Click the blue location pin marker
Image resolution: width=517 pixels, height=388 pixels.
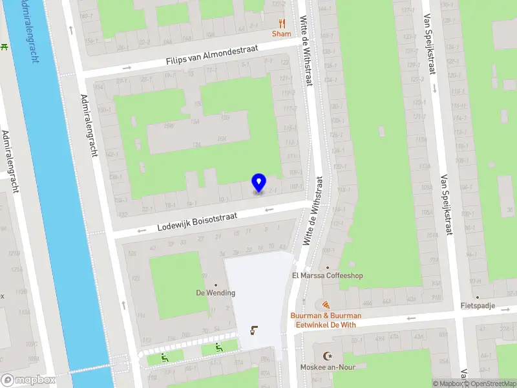point(258,183)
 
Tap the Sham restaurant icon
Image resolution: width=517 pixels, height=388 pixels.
point(281,23)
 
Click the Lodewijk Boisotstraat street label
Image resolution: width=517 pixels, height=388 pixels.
point(197,223)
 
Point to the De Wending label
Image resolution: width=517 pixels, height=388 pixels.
point(216,293)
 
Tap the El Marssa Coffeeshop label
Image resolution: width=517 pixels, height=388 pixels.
point(328,275)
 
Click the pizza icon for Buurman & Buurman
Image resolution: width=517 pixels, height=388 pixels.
point(326,304)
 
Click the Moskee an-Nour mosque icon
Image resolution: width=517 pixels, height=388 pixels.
point(326,356)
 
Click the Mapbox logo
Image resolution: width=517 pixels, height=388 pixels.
point(28,380)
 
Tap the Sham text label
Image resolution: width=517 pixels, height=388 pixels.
point(281,34)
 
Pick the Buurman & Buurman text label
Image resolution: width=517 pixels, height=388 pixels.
point(326,316)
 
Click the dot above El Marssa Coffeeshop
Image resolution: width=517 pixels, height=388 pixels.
point(328,267)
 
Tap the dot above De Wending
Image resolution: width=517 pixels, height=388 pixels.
point(216,285)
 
